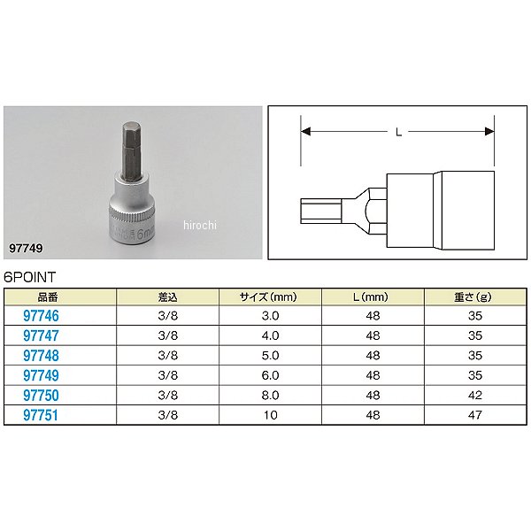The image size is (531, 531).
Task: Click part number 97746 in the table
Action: [41, 316]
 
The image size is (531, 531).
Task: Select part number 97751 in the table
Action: [41, 415]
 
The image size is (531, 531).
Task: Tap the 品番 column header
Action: [48, 297]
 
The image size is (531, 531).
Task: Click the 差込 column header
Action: [167, 297]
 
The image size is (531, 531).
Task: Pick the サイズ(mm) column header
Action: [268, 297]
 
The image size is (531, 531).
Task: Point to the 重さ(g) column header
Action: [473, 297]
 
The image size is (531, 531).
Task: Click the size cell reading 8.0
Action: [270, 396]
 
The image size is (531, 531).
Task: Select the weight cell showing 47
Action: [474, 415]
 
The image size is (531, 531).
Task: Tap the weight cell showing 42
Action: [474, 396]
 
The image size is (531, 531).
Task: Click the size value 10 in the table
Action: [270, 415]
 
